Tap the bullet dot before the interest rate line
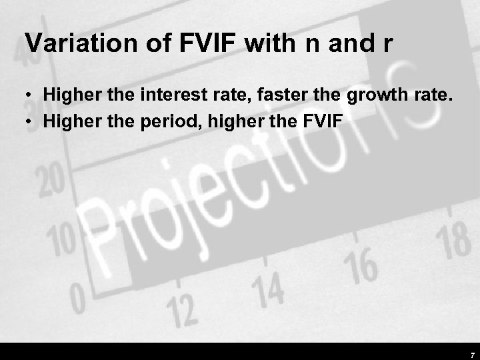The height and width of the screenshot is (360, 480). pos(31,97)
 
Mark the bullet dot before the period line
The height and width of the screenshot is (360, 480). pos(31,121)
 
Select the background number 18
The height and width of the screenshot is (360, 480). pos(455,241)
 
